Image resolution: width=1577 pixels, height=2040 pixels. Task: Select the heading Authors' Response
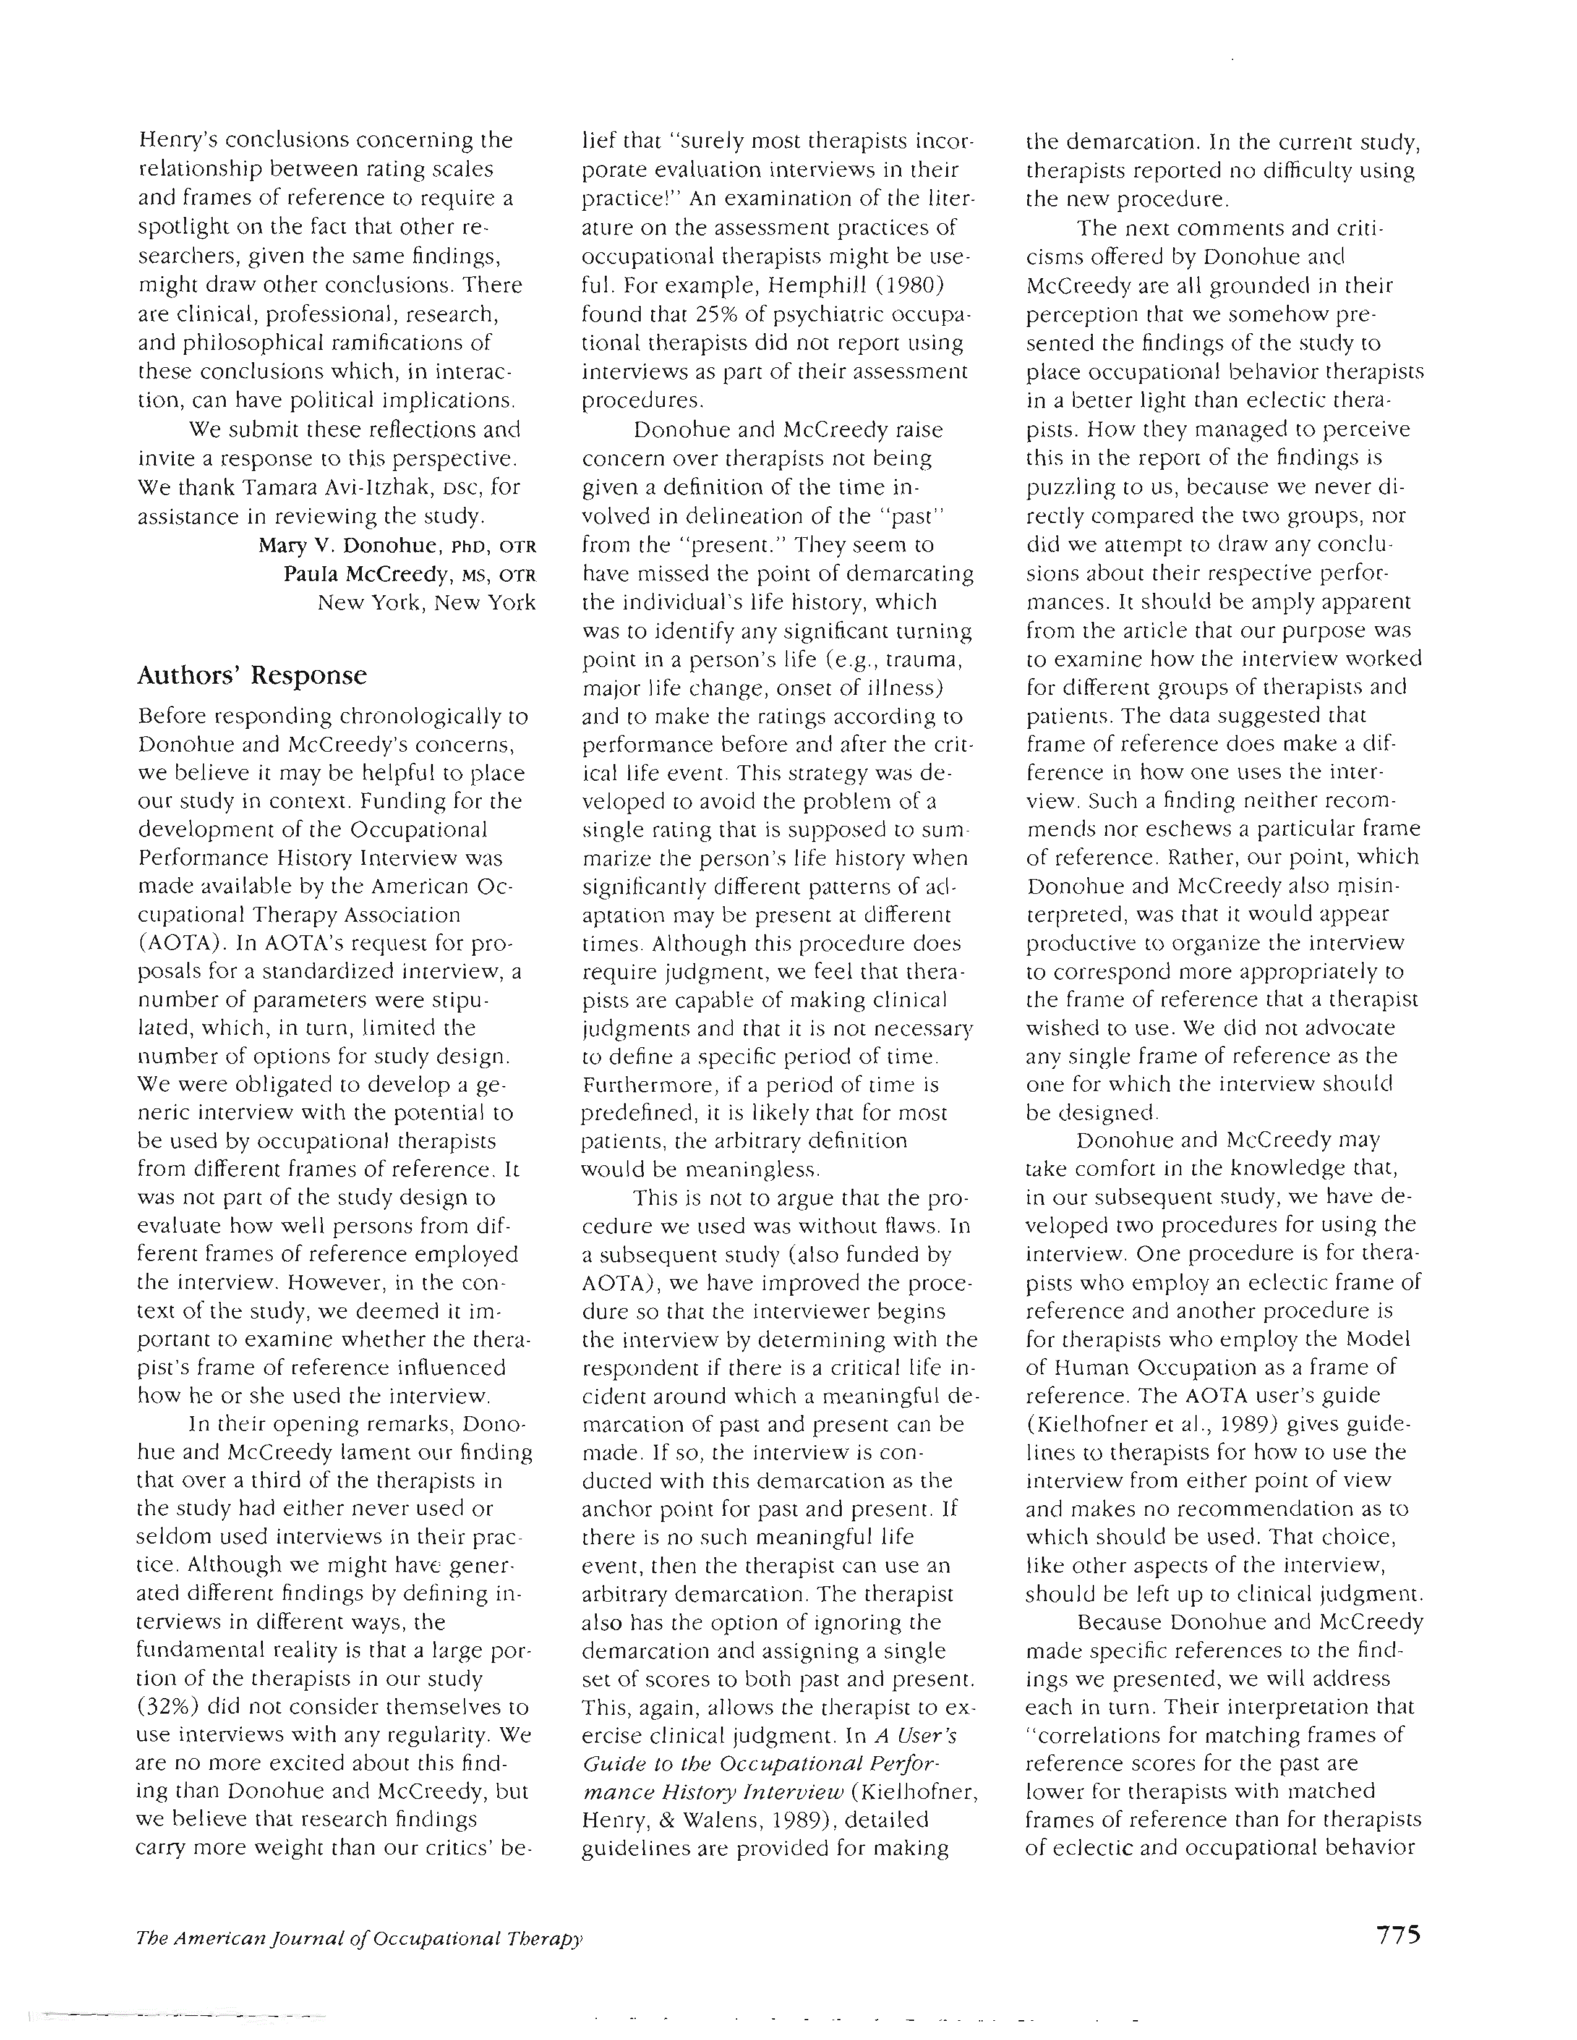[252, 675]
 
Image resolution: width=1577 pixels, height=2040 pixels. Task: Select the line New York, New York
[427, 603]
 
